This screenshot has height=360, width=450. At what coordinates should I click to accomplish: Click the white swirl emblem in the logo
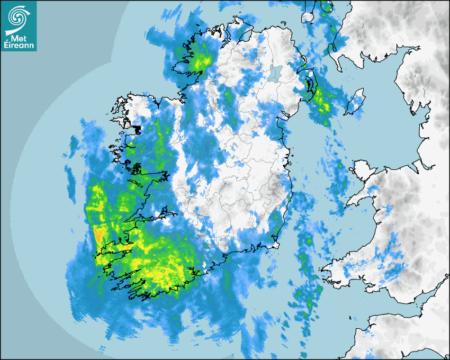[x=17, y=17]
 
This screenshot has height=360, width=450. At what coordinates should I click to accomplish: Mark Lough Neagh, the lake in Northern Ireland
[x=275, y=73]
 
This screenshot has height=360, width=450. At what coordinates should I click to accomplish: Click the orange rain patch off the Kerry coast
[x=98, y=233]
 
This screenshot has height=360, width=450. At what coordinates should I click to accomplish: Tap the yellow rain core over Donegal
[x=199, y=61]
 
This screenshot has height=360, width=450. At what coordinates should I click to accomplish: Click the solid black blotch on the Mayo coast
[x=138, y=129]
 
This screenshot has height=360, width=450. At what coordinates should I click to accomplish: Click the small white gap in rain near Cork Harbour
[x=204, y=264]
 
